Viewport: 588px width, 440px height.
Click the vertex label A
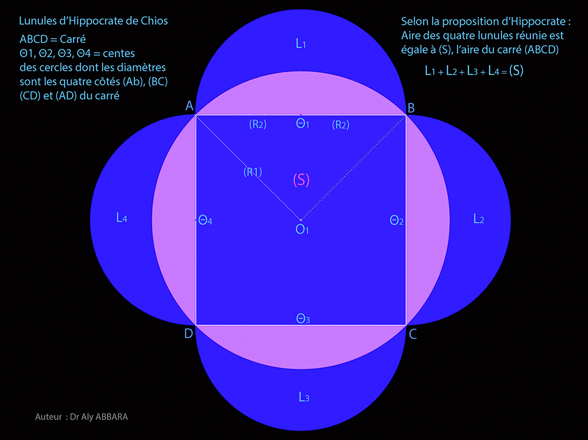(x=189, y=106)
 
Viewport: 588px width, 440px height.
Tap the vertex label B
(x=411, y=108)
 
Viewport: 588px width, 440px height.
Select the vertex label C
(x=413, y=334)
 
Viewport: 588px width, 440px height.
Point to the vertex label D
(x=189, y=333)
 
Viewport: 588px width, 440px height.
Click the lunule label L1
(x=300, y=44)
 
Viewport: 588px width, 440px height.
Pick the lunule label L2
(x=479, y=219)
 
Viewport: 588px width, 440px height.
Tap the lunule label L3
(x=304, y=397)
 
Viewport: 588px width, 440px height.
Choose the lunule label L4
(x=122, y=218)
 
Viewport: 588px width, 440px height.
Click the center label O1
(x=302, y=229)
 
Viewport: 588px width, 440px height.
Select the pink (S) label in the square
(x=301, y=180)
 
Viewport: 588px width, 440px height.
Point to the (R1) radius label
(x=253, y=172)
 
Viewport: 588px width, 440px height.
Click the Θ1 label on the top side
(x=302, y=124)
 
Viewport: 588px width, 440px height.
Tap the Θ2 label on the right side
(x=396, y=220)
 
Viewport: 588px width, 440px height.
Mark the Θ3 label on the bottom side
(x=303, y=319)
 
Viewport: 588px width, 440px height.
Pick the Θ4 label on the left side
(x=205, y=220)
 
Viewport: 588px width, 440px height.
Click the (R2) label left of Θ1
(x=258, y=124)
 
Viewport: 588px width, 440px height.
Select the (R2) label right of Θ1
(x=340, y=125)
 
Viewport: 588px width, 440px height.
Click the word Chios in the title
(x=154, y=21)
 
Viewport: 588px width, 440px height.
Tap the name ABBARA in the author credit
(x=112, y=416)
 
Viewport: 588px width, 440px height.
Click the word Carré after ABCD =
(x=72, y=39)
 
